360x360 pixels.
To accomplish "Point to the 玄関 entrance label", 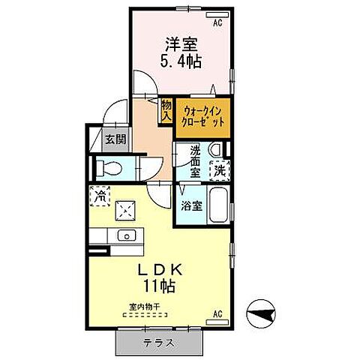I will tap(115, 139).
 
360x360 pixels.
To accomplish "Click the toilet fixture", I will tap(104, 169).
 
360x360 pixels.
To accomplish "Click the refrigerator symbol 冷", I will tap(100, 196).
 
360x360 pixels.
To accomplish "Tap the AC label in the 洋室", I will tap(218, 24).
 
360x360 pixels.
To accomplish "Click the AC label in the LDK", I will tap(218, 313).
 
